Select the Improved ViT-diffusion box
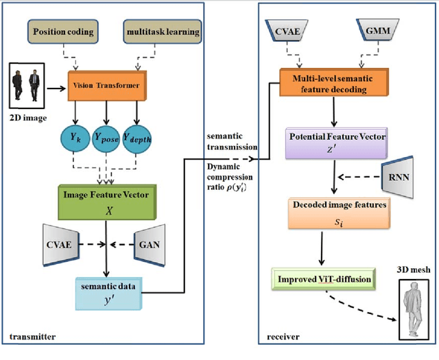[x=332, y=280]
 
